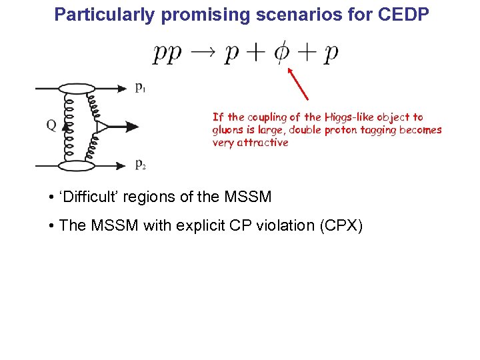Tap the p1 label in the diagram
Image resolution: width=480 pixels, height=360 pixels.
pos(140,88)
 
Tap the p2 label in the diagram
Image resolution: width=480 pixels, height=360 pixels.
pos(140,165)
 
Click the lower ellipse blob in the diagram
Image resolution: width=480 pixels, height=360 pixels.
pos(79,164)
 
